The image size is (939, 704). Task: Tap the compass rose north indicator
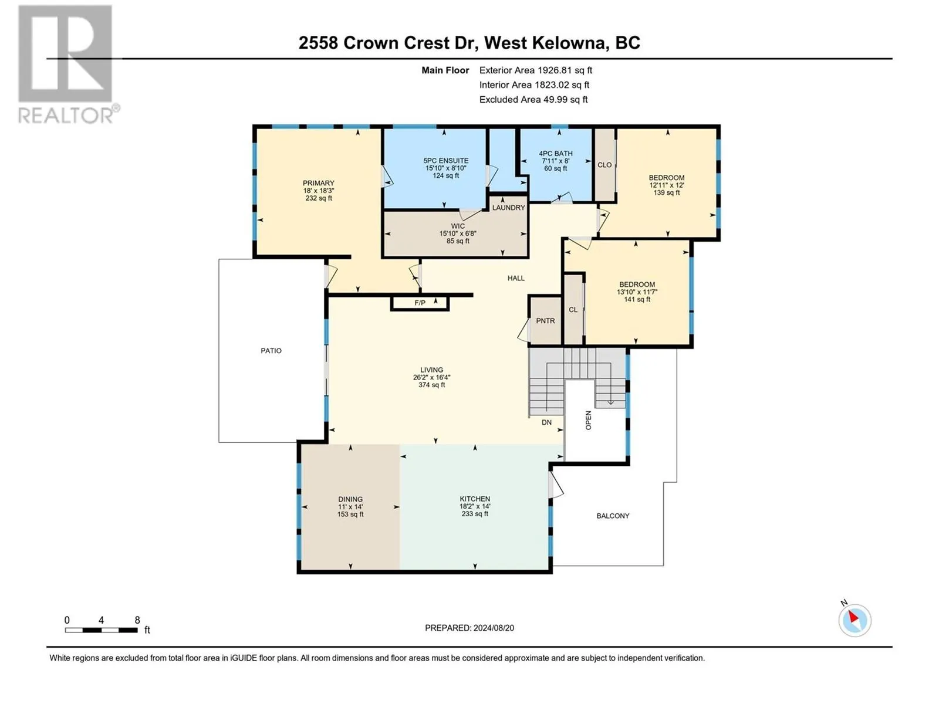[x=854, y=620]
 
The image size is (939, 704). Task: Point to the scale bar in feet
[x=102, y=629]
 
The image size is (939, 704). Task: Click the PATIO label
[x=271, y=350]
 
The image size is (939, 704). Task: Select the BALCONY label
[x=613, y=516]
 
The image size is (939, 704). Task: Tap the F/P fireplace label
[x=420, y=303]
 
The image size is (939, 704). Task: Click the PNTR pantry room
[x=545, y=320]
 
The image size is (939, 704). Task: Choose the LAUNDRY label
[x=508, y=207]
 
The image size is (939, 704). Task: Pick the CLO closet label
[x=604, y=165]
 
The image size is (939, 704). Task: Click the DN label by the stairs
[x=546, y=422]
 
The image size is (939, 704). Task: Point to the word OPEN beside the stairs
[x=588, y=420]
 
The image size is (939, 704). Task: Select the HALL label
[x=516, y=278]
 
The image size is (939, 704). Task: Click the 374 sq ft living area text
[x=431, y=385]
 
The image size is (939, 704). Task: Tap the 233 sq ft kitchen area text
[x=475, y=513]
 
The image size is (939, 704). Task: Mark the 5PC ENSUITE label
[x=446, y=160]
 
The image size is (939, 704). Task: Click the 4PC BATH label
[x=555, y=153]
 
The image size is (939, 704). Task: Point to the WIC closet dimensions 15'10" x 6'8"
[x=458, y=233]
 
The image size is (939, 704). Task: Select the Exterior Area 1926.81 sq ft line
[x=536, y=70]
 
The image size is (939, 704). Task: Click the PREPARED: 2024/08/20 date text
[x=469, y=628]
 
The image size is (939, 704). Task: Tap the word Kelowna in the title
[x=568, y=43]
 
